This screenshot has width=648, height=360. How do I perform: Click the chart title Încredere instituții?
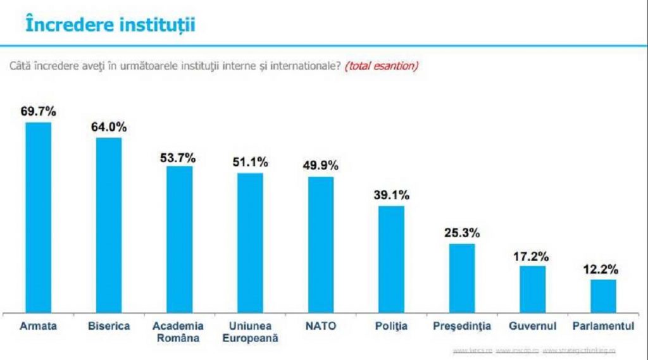tap(109, 25)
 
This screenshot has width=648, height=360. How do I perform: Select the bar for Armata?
tap(38, 217)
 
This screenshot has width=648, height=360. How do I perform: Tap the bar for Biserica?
tap(109, 225)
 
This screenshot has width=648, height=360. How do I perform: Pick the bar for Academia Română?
tap(180, 239)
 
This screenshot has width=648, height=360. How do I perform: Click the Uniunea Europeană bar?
tap(250, 242)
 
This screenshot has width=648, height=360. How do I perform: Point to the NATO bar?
tap(321, 244)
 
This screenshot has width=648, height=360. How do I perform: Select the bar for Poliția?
tap(391, 259)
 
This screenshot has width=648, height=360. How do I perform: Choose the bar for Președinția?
tap(462, 278)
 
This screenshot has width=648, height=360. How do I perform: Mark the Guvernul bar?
tap(533, 289)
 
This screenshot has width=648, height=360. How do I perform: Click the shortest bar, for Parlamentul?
tap(603, 295)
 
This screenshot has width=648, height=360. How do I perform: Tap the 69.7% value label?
tap(38, 111)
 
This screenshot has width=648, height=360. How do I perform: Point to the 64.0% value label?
tap(109, 127)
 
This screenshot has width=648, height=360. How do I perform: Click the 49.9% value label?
tap(321, 166)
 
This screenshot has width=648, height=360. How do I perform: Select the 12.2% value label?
tap(601, 269)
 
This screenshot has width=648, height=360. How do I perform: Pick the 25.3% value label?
tap(462, 233)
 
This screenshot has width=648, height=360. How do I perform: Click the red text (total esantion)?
tap(381, 66)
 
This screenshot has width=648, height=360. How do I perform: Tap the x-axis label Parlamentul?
tap(603, 326)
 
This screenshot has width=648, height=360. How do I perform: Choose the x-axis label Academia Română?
tap(178, 332)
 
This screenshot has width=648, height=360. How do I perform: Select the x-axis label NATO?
tap(321, 326)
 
